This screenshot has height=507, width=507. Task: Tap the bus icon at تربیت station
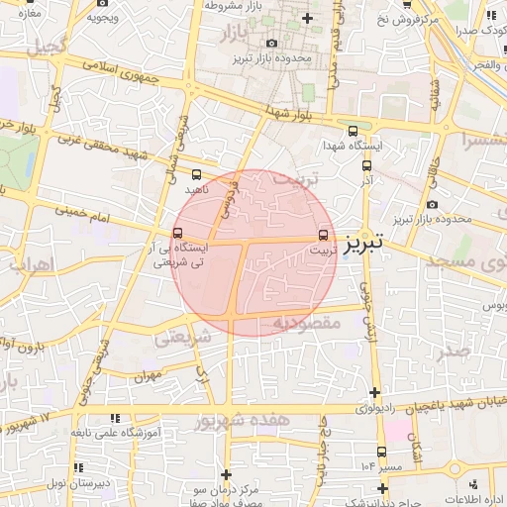click(323, 235)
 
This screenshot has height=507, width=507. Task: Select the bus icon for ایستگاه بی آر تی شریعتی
click(177, 234)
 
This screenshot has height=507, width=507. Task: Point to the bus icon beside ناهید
click(195, 173)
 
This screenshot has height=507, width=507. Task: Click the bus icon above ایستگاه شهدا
click(353, 131)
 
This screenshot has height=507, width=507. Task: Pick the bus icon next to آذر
click(366, 165)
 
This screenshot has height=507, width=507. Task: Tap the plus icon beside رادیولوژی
click(374, 392)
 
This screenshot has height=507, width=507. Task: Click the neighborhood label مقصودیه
click(306, 323)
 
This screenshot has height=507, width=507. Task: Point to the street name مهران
click(149, 376)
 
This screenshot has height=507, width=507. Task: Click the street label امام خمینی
click(78, 211)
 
